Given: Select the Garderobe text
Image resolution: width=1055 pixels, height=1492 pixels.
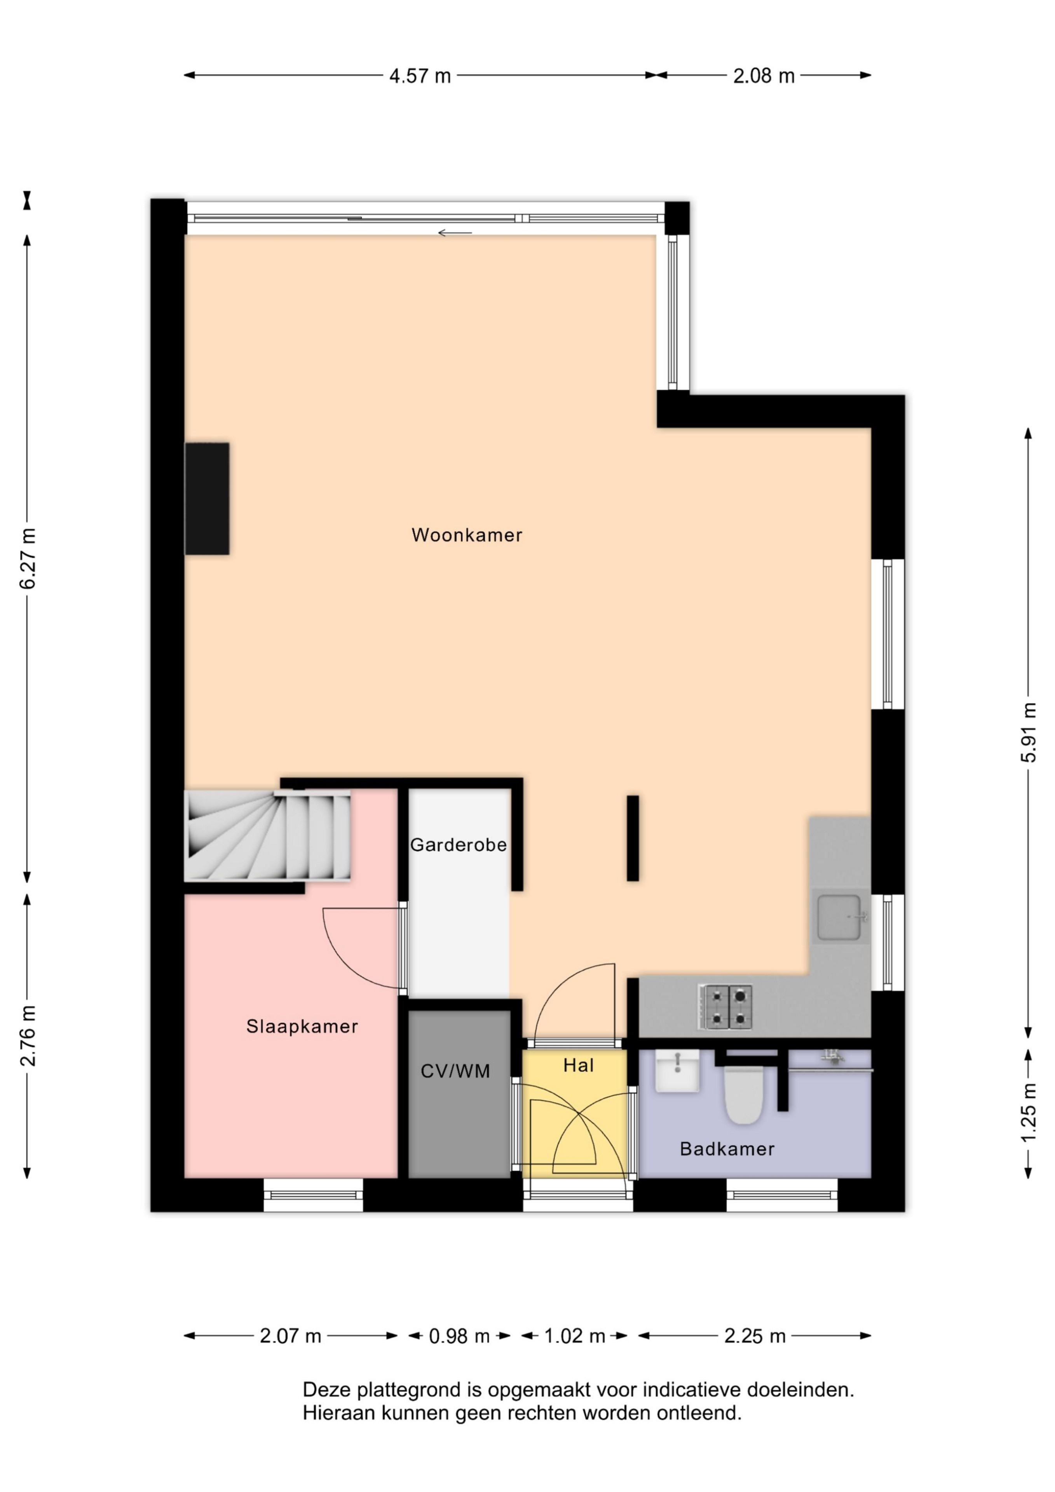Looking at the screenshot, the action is coord(458,845).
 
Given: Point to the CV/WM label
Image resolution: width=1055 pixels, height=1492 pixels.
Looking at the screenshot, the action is coord(455,1071).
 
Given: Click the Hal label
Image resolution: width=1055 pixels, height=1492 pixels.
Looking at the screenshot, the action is coord(579,1065).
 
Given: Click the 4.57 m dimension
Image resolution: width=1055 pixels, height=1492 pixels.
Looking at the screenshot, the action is coord(420,76).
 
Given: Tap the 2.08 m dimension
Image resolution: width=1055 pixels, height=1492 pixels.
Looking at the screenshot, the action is coord(764,76).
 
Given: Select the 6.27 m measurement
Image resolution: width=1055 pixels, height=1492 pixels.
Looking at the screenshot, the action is coord(27,559).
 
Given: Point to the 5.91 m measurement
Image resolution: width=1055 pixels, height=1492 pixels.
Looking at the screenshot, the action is coord(1028,732).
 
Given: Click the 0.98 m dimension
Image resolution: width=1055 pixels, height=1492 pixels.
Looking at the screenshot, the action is coord(459,1336).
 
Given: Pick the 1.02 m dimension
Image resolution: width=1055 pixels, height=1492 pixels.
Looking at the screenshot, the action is coord(575,1336).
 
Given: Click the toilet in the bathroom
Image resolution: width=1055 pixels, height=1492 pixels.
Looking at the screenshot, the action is coord(744,1094).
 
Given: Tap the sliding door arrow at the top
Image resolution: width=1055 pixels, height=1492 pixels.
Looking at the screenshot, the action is coord(455,233).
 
